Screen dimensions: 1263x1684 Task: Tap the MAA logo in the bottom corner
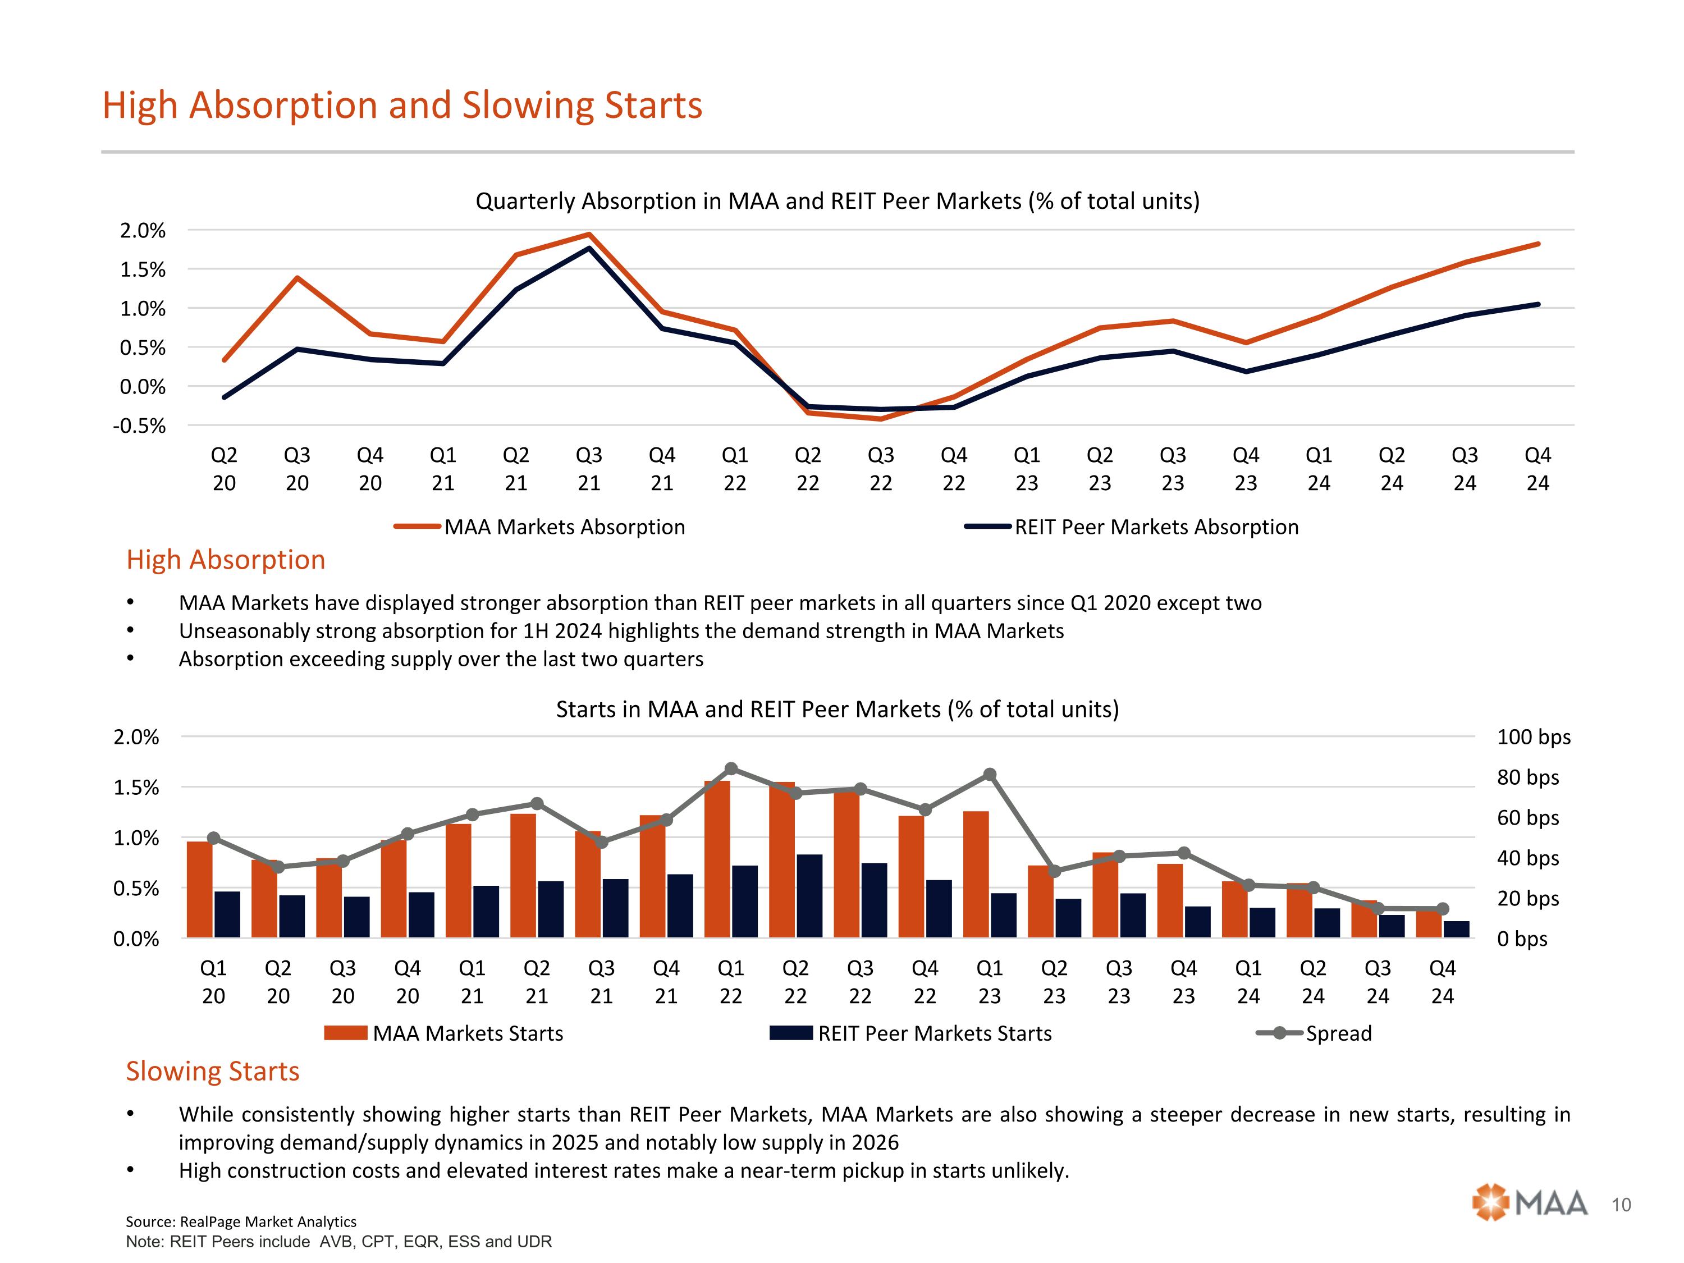pyautogui.click(x=1530, y=1203)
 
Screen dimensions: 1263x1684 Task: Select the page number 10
pyautogui.click(x=1622, y=1205)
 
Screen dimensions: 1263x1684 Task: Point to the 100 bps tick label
pyautogui.click(x=1533, y=737)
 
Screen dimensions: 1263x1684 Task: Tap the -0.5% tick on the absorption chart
pyautogui.click(x=139, y=425)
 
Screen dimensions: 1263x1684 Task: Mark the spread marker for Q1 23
pyautogui.click(x=990, y=774)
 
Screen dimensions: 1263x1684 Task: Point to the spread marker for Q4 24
pyautogui.click(x=1443, y=909)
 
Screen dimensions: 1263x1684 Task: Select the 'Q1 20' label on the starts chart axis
pyautogui.click(x=213, y=982)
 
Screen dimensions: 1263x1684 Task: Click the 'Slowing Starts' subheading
pyautogui.click(x=212, y=1071)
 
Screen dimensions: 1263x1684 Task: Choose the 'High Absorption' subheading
pyautogui.click(x=225, y=560)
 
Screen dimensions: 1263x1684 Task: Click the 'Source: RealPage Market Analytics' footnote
pyautogui.click(x=241, y=1221)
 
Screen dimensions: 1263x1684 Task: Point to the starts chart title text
pyautogui.click(x=838, y=710)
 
